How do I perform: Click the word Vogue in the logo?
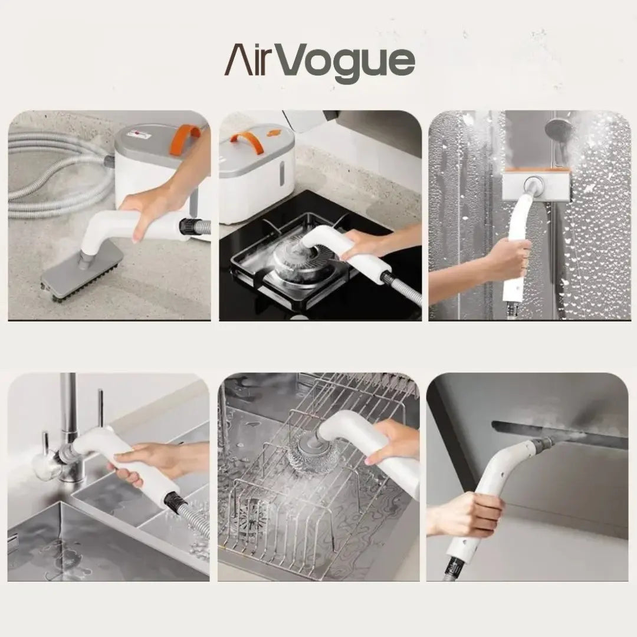point(353,62)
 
